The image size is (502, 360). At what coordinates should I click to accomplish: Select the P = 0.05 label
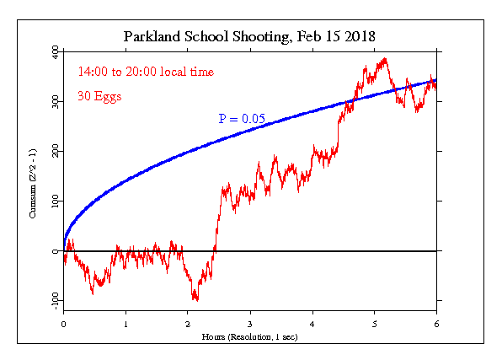(242, 119)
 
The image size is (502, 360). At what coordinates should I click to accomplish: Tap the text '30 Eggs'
(99, 96)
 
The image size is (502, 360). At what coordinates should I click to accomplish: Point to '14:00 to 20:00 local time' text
(146, 72)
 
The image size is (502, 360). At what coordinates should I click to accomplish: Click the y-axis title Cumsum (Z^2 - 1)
(33, 184)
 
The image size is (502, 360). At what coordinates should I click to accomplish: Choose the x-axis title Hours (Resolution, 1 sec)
(249, 337)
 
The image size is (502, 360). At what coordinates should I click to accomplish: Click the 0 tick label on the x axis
(63, 324)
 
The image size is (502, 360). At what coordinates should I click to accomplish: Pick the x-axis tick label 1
(125, 324)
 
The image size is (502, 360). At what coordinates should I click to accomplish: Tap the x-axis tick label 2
(188, 324)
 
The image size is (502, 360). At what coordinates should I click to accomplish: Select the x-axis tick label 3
(250, 324)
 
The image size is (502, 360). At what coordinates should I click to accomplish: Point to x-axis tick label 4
(312, 324)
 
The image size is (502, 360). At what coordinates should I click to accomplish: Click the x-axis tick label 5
(375, 324)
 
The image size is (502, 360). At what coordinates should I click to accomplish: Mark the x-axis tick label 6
(436, 324)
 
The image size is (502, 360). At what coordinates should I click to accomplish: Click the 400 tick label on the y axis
(56, 52)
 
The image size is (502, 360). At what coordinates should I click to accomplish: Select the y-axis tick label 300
(56, 102)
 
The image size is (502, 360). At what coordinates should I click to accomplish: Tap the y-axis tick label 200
(56, 151)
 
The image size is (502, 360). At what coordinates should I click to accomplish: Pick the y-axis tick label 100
(56, 201)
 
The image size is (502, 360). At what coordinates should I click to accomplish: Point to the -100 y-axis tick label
(56, 301)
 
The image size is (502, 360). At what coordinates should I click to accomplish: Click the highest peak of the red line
(385, 58)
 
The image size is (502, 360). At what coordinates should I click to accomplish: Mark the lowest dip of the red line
(197, 301)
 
